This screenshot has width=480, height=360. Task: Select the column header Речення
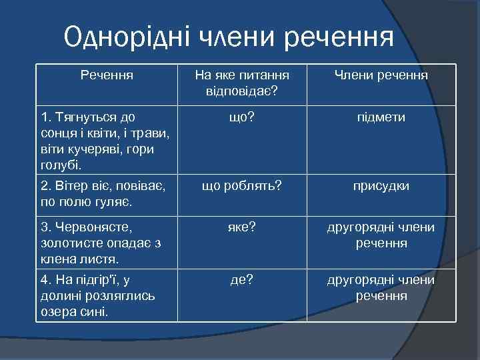point(107,75)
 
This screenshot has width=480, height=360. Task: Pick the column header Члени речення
point(381,75)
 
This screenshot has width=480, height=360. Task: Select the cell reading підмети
point(381,117)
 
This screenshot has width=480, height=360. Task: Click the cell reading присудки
point(381,186)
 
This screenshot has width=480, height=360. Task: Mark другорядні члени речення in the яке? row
point(381,235)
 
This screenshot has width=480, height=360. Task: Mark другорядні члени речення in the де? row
point(381,287)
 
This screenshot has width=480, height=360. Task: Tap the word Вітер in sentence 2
point(71,186)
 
